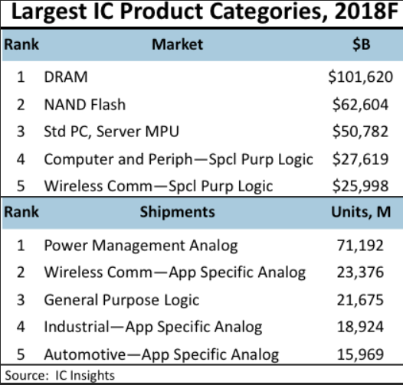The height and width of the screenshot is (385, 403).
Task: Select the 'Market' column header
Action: coord(177,44)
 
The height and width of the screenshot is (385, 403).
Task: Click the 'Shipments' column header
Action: coord(177,213)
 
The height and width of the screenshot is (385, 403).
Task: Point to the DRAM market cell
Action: coord(66,77)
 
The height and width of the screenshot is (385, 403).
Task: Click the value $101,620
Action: coord(360,77)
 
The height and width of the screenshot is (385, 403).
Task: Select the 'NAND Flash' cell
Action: coord(84,104)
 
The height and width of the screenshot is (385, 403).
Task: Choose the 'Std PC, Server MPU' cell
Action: coord(111,132)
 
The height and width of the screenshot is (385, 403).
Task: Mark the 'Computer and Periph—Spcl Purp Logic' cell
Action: coord(178,159)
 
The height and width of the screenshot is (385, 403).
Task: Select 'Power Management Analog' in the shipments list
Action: coord(140,245)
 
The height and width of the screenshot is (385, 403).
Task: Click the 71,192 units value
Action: coord(368,245)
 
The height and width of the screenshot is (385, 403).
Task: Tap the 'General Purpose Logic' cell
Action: coord(121,300)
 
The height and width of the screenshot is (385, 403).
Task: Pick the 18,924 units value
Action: coord(368,328)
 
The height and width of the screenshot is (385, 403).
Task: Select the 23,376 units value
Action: coord(368,272)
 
